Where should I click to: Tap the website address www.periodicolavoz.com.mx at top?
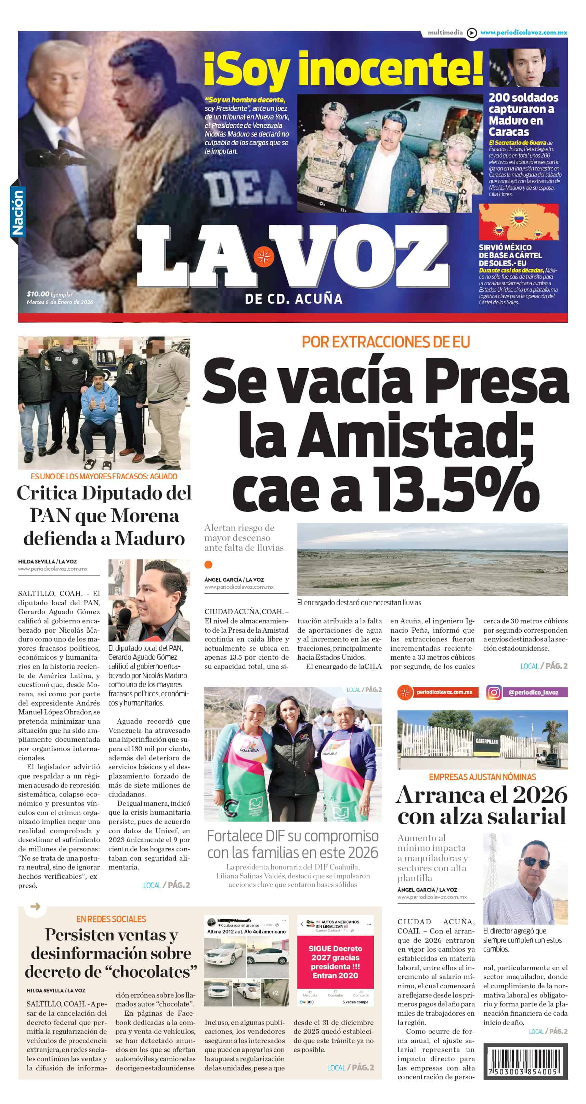click(523, 33)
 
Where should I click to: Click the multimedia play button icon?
click(472, 33)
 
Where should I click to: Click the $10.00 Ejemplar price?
click(49, 294)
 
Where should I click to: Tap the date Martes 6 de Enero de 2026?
click(60, 302)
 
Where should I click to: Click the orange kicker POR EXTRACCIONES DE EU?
click(386, 342)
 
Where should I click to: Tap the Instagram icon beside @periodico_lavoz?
click(494, 692)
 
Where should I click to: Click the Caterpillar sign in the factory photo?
click(486, 741)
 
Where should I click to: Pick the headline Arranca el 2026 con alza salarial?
click(482, 805)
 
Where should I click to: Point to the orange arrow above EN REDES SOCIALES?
click(36, 906)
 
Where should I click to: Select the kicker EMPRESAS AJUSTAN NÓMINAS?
click(482, 777)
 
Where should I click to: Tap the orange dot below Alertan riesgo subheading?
click(209, 564)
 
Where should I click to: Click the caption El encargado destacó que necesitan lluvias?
click(359, 602)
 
